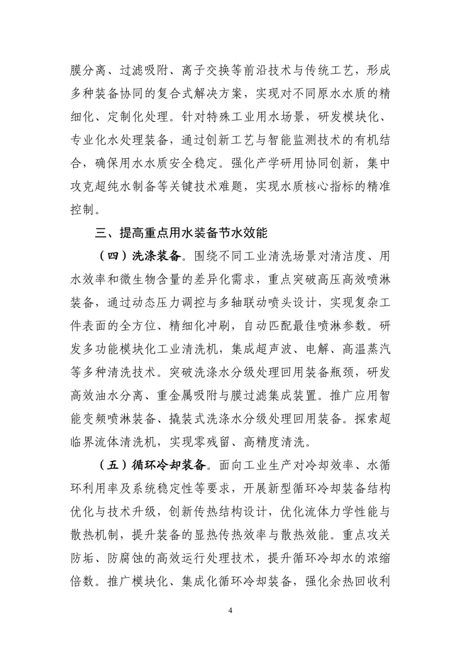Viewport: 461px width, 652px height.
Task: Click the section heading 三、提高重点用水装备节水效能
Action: point(181,233)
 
